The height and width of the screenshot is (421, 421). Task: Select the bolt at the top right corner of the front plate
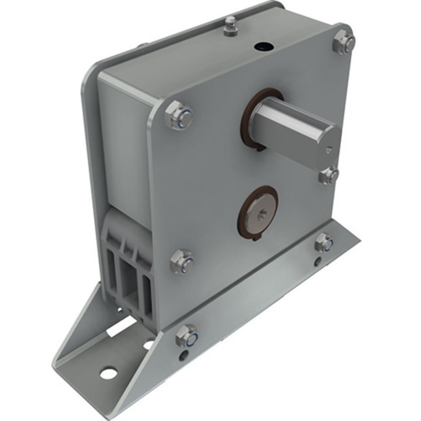[x=344, y=42]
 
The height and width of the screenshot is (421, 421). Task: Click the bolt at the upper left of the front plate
[x=179, y=115]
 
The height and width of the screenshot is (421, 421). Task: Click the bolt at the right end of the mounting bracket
[x=325, y=242]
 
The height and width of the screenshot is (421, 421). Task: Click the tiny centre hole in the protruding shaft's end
[x=330, y=148]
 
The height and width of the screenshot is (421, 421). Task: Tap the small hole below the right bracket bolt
[x=317, y=263]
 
